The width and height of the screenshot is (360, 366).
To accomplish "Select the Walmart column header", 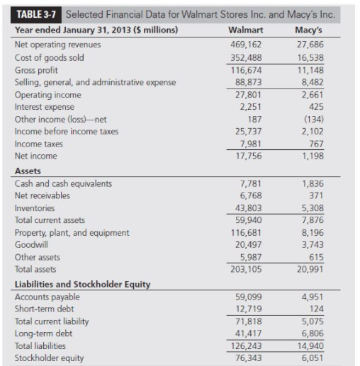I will point(247,30).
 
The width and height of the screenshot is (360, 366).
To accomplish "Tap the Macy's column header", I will point(313,30).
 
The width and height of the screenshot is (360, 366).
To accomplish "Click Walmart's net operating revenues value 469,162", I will point(247,45).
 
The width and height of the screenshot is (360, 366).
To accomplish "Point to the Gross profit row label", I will point(38,69).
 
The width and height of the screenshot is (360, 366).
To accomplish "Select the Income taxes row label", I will point(40,144).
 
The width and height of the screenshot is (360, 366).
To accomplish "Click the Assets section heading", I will point(28,171).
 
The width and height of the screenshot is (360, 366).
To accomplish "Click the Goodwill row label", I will point(33,244).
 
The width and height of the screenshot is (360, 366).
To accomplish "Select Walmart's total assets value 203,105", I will point(247,270).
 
